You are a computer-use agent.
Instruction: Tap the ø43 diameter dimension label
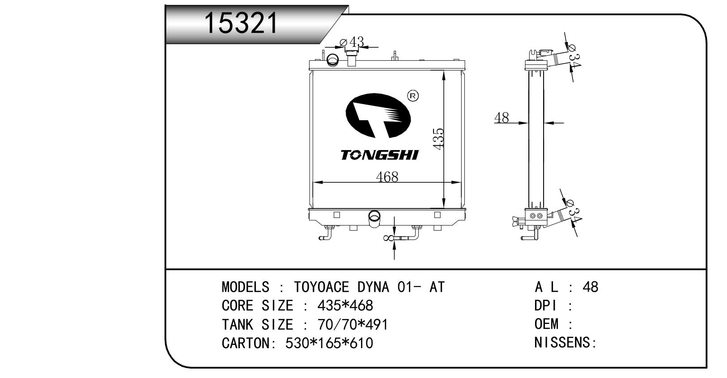(x=352, y=42)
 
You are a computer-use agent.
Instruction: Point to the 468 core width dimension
(x=387, y=177)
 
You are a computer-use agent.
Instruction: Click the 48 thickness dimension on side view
(x=502, y=118)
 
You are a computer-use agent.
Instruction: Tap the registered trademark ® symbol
(x=413, y=96)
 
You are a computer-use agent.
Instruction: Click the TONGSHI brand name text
(x=379, y=155)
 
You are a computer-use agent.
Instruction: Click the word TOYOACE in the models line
(x=322, y=287)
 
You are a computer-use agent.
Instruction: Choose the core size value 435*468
(x=344, y=306)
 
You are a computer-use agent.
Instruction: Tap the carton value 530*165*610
(x=329, y=343)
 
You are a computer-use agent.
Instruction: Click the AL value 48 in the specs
(x=590, y=287)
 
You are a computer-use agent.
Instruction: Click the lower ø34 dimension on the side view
(x=574, y=211)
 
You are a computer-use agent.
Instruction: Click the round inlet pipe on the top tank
(x=333, y=59)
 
